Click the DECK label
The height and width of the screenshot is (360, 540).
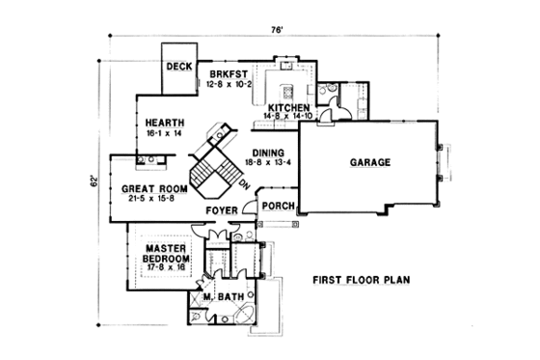(179, 67)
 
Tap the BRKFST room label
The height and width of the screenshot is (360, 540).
(229, 74)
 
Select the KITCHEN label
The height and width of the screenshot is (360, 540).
(288, 107)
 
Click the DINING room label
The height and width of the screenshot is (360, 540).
(268, 153)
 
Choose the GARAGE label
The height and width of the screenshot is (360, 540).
(369, 163)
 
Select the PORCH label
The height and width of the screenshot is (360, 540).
(277, 205)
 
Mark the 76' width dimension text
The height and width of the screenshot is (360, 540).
(277, 30)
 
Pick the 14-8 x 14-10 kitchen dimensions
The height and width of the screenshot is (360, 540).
(290, 117)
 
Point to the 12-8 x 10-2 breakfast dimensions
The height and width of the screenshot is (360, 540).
(229, 84)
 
